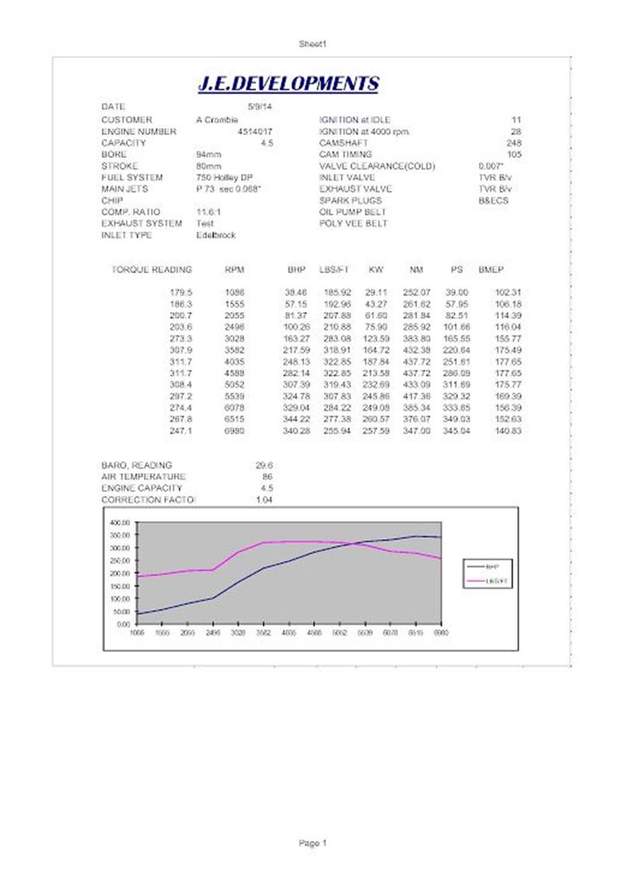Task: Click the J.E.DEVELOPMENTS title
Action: point(288,84)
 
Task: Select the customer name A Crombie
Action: point(217,120)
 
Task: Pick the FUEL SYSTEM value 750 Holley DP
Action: point(225,177)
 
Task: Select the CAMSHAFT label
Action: point(342,143)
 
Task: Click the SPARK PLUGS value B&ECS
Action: point(493,200)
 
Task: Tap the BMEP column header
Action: point(491,270)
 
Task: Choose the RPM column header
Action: point(233,270)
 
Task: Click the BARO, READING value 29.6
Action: point(264,465)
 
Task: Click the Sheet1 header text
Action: point(313,45)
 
